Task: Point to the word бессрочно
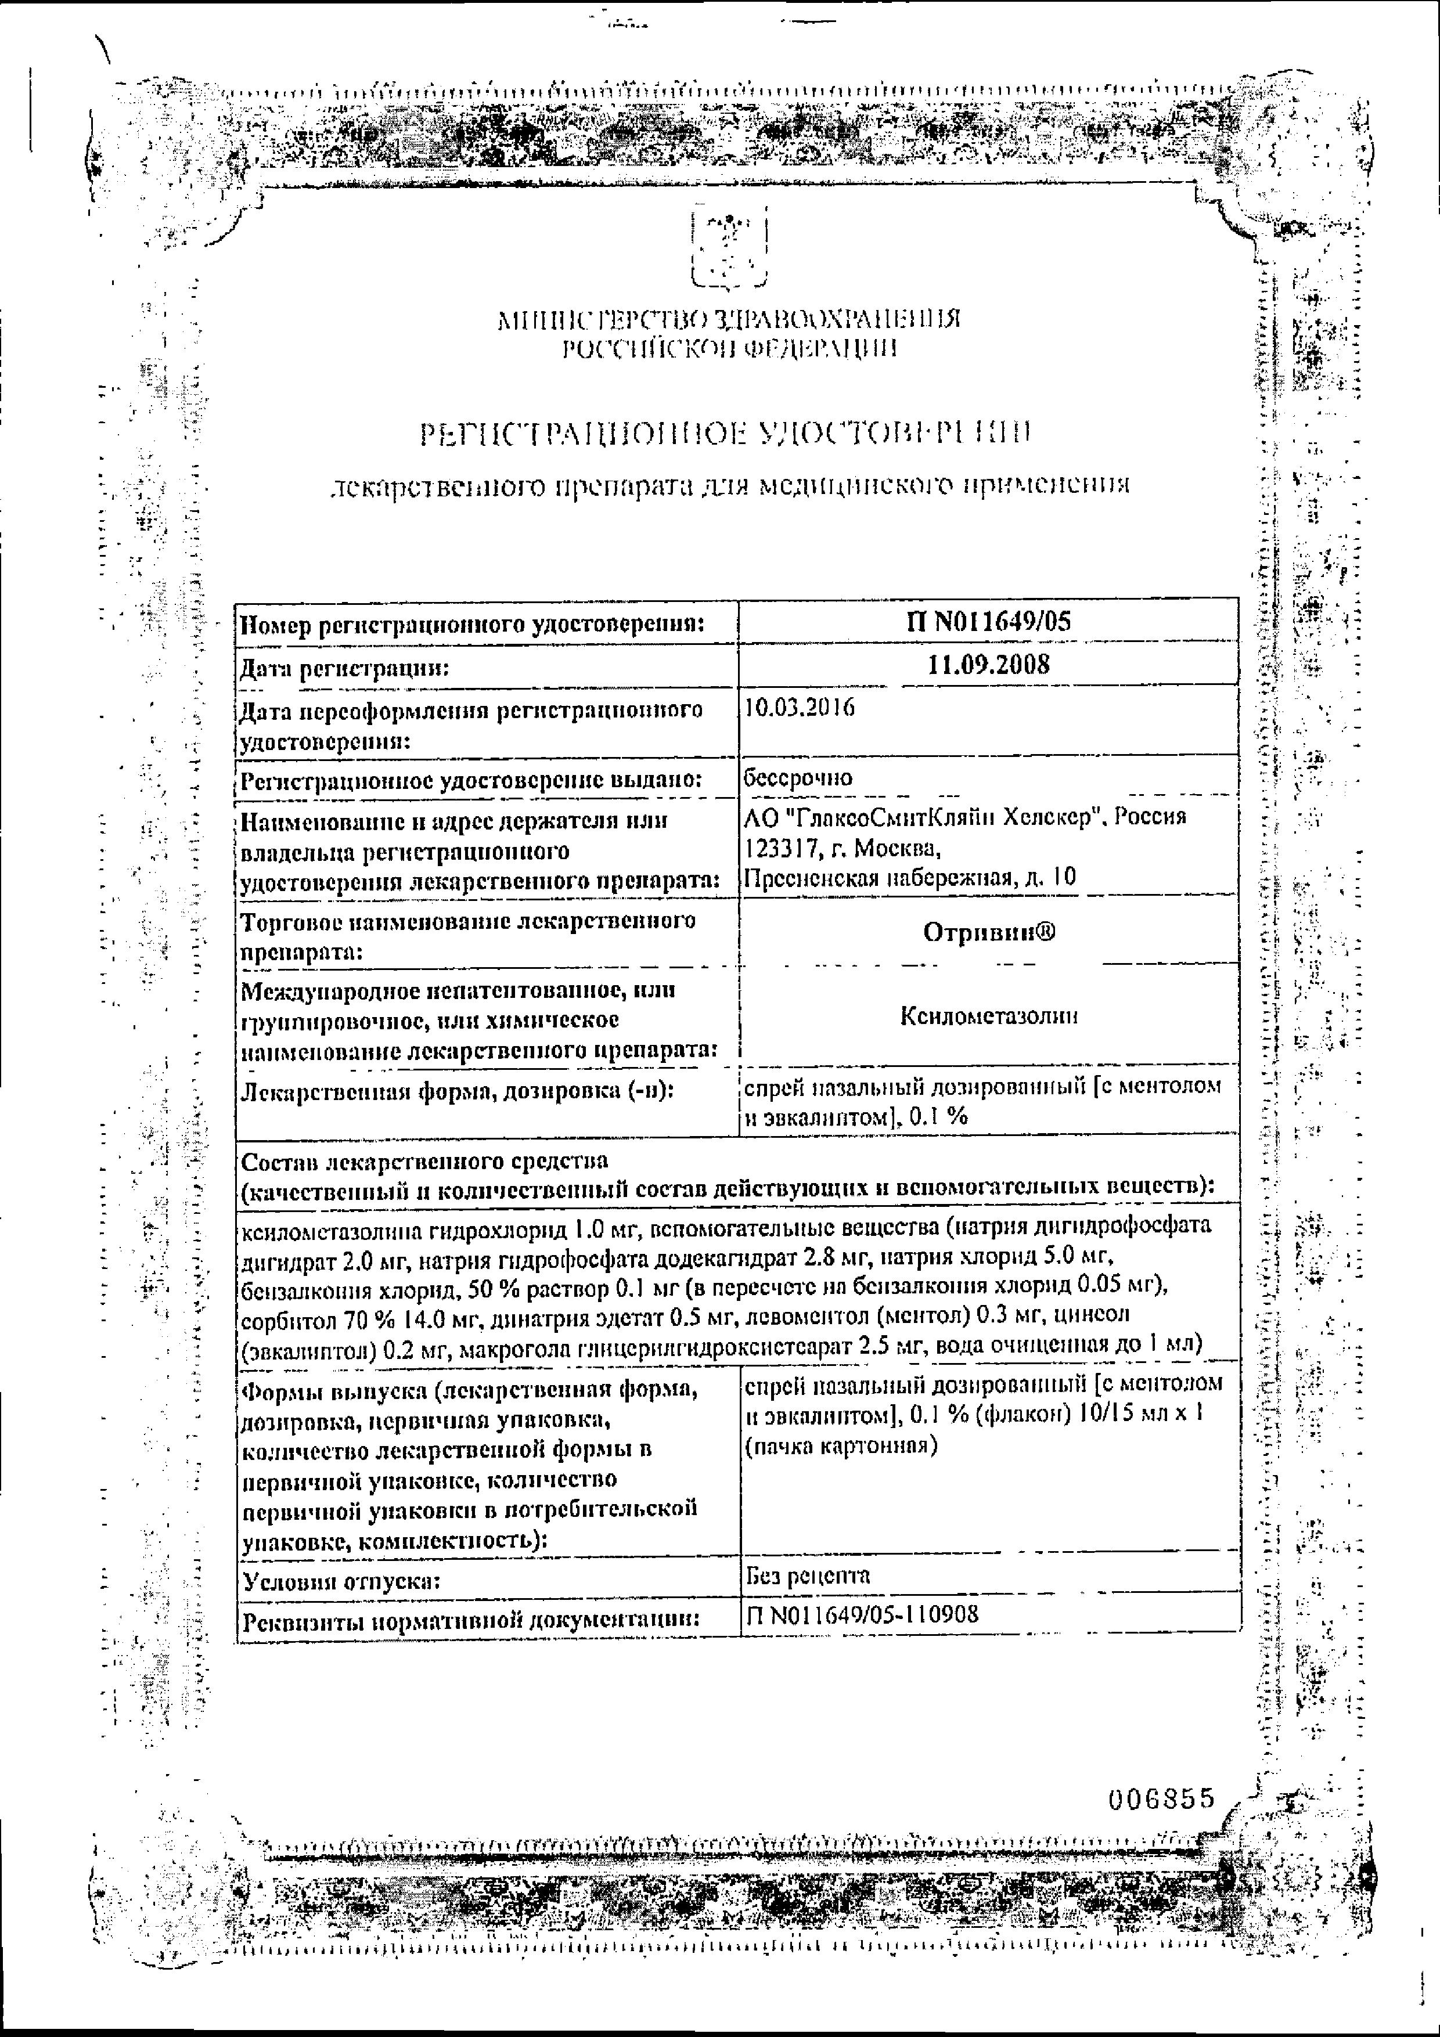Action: pyautogui.click(x=798, y=777)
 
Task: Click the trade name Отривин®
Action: pyautogui.click(x=989, y=932)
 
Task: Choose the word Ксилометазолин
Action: pyautogui.click(x=989, y=1016)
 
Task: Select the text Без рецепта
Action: pyautogui.click(x=808, y=1575)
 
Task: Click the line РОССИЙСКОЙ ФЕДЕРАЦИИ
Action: pyautogui.click(x=730, y=349)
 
